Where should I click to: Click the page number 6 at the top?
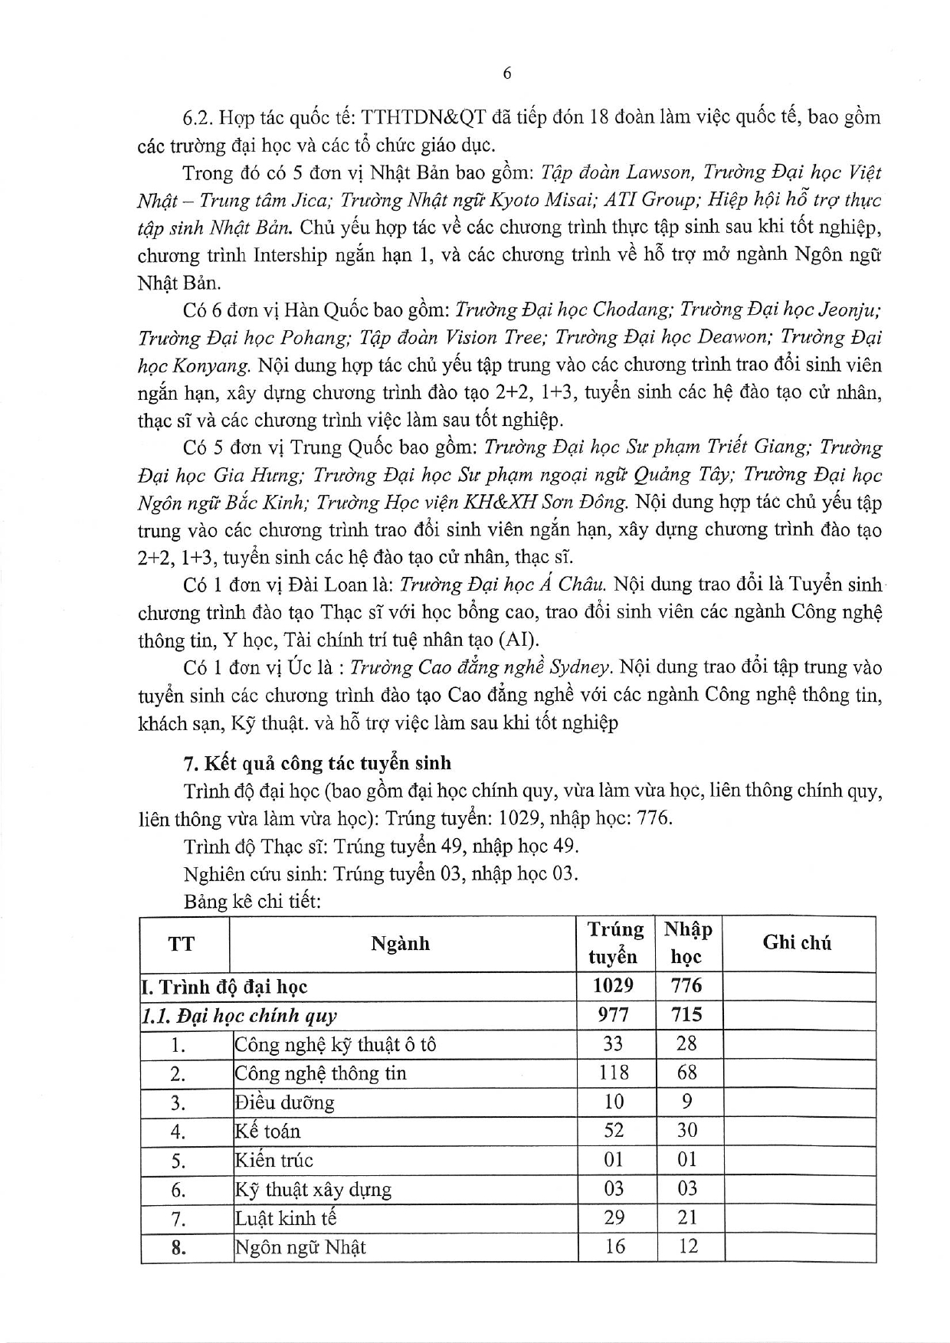506,74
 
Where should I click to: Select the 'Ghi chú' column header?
797,943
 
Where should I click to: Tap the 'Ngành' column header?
400,943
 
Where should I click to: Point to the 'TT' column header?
182,943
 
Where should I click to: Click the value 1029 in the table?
613,986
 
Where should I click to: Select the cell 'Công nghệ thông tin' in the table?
320,1073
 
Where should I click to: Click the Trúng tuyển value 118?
613,1073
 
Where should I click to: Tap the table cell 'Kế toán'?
267,1132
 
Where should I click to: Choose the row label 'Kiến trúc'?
274,1161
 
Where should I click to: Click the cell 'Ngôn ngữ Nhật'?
300,1247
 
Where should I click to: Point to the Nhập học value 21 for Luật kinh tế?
687,1217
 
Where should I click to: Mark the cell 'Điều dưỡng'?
284,1102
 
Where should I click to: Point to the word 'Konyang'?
209,365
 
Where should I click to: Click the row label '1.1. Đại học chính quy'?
239,1016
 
